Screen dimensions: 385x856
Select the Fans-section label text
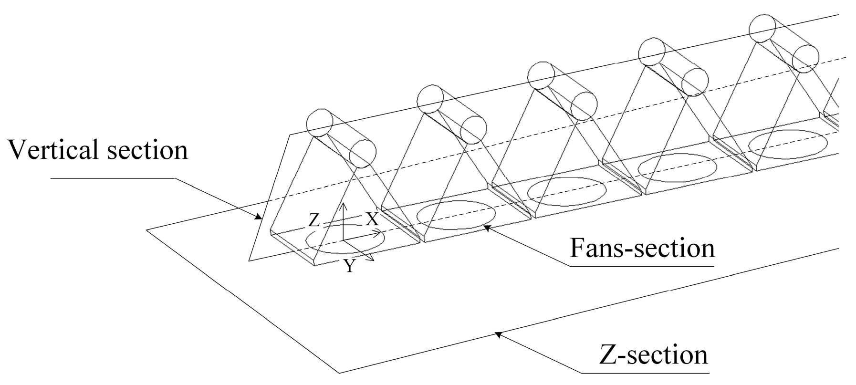point(642,248)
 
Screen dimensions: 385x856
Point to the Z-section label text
point(652,355)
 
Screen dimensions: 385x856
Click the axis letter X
point(372,220)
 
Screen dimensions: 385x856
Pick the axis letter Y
point(350,266)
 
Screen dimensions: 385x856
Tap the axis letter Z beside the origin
point(314,220)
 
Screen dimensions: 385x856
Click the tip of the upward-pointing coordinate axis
point(343,204)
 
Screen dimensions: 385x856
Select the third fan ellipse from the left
point(567,191)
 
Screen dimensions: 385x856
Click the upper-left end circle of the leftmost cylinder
point(319,123)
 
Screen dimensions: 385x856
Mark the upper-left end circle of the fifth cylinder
point(762,28)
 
